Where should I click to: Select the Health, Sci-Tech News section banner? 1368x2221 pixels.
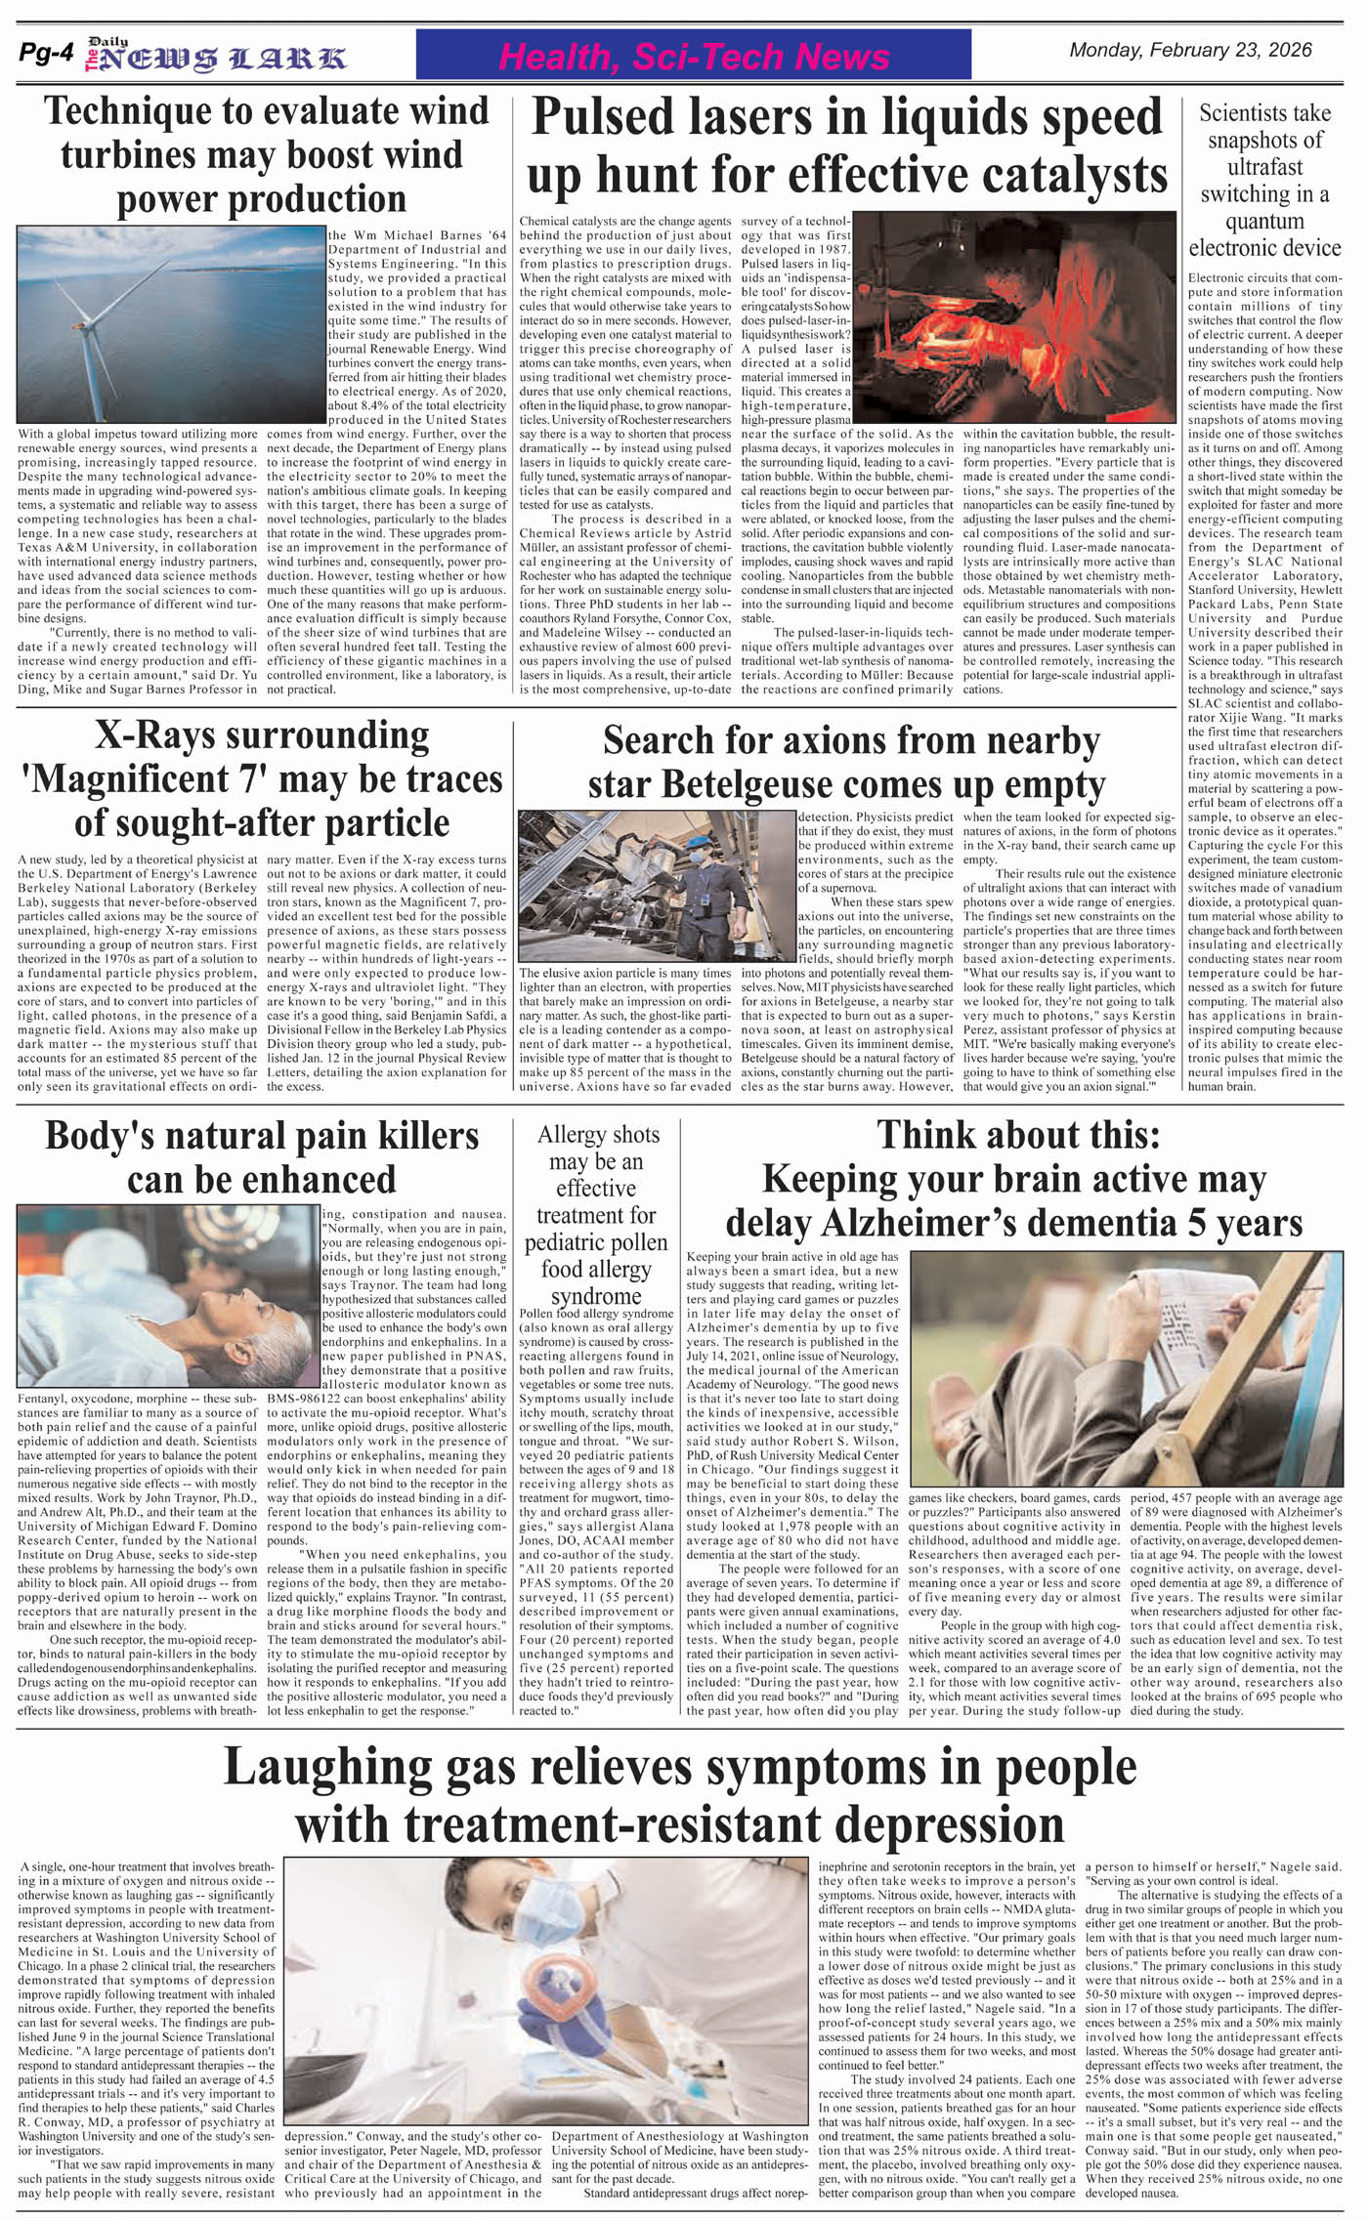(x=693, y=56)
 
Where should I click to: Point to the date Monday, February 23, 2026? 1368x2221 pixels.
(x=1190, y=51)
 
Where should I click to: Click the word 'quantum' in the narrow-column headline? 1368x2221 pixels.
(x=1264, y=221)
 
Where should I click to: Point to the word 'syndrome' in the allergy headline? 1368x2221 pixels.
(x=596, y=1296)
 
